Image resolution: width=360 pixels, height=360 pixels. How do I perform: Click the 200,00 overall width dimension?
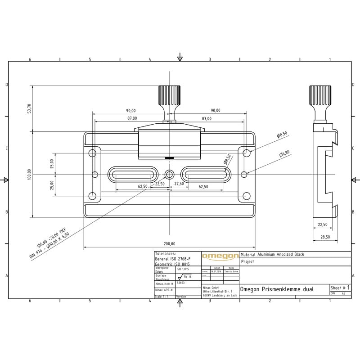pyautogui.click(x=170, y=243)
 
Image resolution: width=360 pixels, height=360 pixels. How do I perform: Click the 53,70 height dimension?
pyautogui.click(x=29, y=108)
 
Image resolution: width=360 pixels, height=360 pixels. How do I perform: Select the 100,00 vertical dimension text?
pyautogui.click(x=29, y=174)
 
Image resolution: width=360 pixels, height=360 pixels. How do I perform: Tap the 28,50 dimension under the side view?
pyautogui.click(x=324, y=237)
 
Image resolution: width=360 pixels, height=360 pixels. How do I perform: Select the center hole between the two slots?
pyautogui.click(x=170, y=174)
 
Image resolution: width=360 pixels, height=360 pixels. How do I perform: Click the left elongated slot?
pyautogui.click(x=134, y=174)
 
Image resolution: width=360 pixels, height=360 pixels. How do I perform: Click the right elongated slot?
pyautogui.click(x=206, y=174)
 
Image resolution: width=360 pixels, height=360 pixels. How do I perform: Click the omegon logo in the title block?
pyautogui.click(x=220, y=256)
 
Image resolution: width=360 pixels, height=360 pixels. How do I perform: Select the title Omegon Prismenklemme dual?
pyautogui.click(x=277, y=289)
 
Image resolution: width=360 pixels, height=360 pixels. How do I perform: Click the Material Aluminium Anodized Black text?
pyautogui.click(x=273, y=254)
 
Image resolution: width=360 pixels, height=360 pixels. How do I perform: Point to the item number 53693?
pyautogui.click(x=181, y=284)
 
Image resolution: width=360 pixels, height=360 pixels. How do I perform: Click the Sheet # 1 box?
pyautogui.click(x=340, y=288)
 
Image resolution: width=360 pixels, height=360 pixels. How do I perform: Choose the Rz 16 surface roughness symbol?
pyautogui.click(x=184, y=277)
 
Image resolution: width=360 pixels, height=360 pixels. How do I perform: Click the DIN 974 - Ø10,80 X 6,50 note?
pyautogui.click(x=49, y=246)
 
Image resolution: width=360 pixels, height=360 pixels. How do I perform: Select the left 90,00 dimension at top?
pyautogui.click(x=131, y=110)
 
